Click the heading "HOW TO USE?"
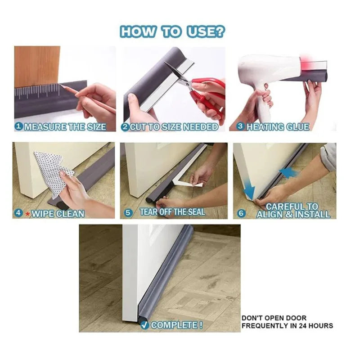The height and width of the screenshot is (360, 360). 172,31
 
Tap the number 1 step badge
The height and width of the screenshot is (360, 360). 19,126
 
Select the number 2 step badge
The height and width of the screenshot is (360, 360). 125,127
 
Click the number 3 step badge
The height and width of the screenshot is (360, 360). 240,126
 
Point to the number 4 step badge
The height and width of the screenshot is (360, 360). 18,213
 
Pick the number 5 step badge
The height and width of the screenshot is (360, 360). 128,213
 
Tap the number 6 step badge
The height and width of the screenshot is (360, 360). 241,213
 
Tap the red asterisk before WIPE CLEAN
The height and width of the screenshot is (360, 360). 27,214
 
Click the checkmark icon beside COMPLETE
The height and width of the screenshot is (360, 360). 144,325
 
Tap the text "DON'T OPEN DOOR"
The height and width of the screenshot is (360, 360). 274,318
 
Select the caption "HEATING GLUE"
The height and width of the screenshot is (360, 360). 278,127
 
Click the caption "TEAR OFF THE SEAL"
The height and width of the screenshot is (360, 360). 172,212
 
